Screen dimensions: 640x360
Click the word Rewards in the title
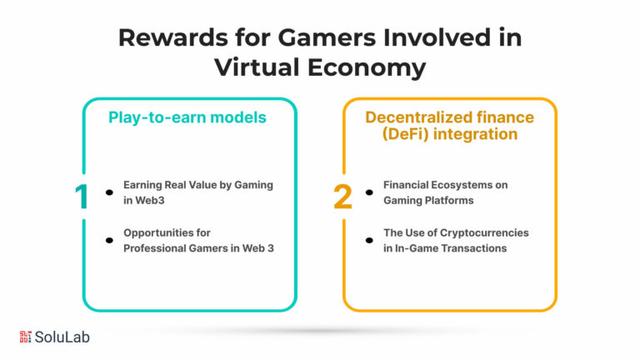173,37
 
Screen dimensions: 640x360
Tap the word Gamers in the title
327,37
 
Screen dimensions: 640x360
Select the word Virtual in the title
257,67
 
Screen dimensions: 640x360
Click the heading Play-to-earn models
187,117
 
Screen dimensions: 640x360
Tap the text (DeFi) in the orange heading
405,134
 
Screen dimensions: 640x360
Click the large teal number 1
82,197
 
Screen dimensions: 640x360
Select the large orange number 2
342,197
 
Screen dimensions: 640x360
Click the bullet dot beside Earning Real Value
109,192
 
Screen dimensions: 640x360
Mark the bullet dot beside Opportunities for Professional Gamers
109,240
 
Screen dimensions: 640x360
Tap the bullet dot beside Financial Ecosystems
369,192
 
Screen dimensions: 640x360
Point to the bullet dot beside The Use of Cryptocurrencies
369,240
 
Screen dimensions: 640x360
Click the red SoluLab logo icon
25,337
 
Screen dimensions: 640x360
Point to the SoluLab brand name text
62,337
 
